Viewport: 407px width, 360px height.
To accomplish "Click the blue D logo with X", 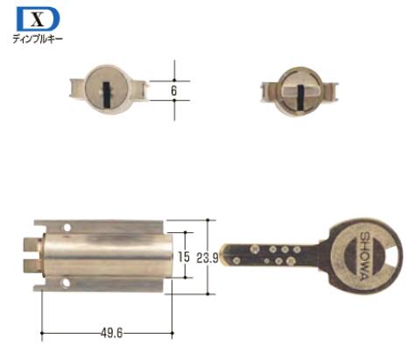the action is [38, 19].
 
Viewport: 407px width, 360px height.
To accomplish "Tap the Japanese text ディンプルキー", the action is [38, 39].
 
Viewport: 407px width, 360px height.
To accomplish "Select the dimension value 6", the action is [174, 91].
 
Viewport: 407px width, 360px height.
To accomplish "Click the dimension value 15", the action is [184, 257].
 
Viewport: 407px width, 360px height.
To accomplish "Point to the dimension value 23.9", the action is [207, 258].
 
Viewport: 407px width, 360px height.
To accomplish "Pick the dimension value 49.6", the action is [111, 333].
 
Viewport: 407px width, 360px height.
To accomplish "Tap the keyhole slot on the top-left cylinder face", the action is [107, 93].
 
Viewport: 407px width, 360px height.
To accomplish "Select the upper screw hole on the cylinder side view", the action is [67, 228].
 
